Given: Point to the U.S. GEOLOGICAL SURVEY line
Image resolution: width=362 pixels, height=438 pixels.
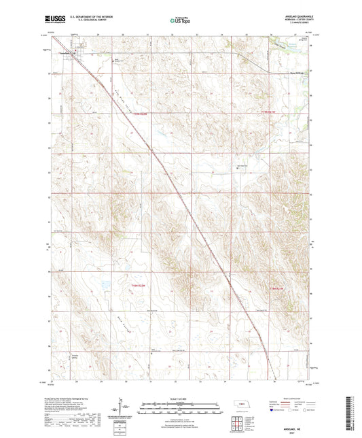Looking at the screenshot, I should [x=96, y=22].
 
